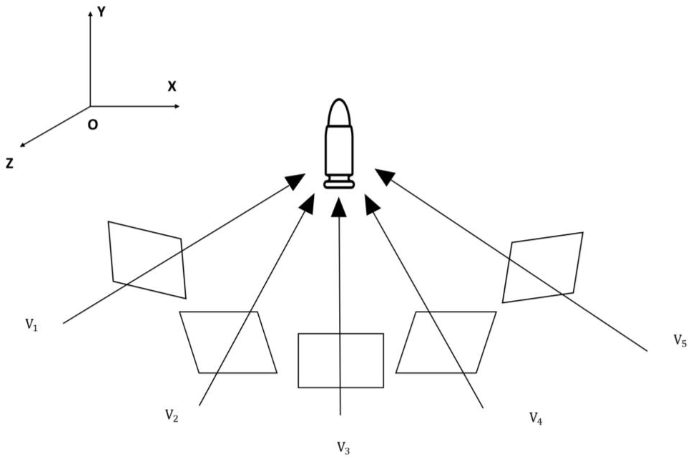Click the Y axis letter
[x=101, y=12]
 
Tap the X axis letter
[x=172, y=87]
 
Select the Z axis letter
[x=10, y=163]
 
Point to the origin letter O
[x=93, y=125]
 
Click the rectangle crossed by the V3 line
[x=341, y=360]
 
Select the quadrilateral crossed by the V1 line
[x=147, y=260]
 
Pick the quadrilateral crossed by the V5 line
[x=542, y=268]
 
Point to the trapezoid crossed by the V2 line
[x=228, y=343]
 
